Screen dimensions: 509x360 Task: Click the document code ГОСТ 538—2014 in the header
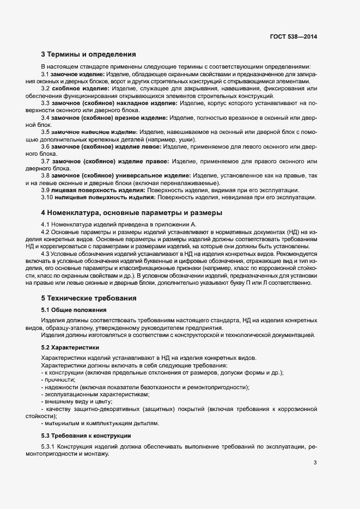(x=293, y=36)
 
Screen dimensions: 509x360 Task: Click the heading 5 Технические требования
(x=89, y=298)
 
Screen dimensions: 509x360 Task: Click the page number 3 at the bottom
(x=315, y=462)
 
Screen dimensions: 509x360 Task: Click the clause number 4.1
(x=46, y=224)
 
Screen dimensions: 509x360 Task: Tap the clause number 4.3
(x=46, y=253)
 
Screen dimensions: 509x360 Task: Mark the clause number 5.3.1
(x=48, y=447)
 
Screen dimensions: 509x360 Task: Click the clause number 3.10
(x=47, y=197)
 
